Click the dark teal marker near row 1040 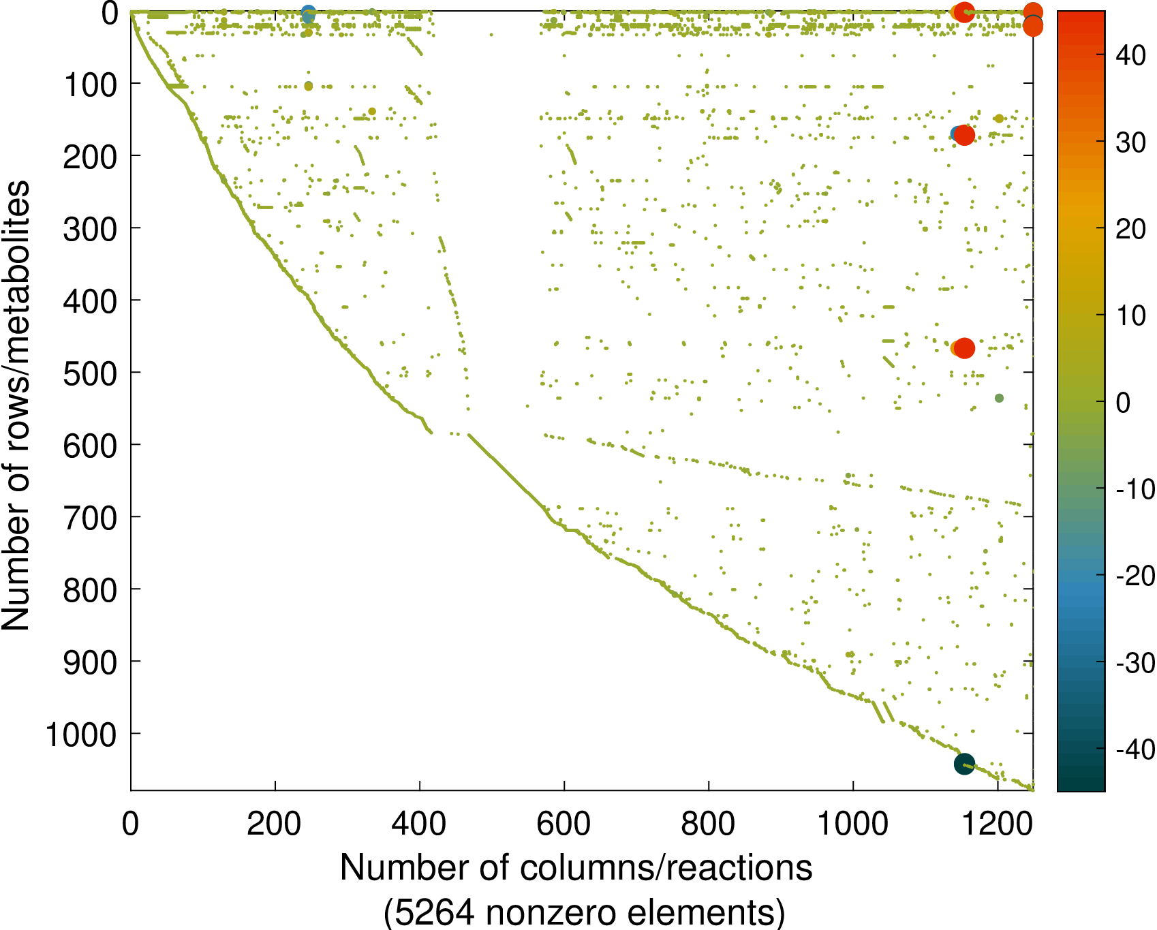pos(964,764)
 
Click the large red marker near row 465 pos(964,348)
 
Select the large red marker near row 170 pos(964,136)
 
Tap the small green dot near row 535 pos(999,398)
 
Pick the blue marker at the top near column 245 pos(308,12)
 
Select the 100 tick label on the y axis pos(90,84)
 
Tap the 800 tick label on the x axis pos(708,824)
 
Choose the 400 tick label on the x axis pos(419,824)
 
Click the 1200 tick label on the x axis pos(996,824)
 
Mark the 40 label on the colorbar pos(1130,55)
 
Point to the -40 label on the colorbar pos(1135,749)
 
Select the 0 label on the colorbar pos(1123,402)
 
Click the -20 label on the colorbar pos(1135,576)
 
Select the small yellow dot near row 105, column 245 pos(308,86)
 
